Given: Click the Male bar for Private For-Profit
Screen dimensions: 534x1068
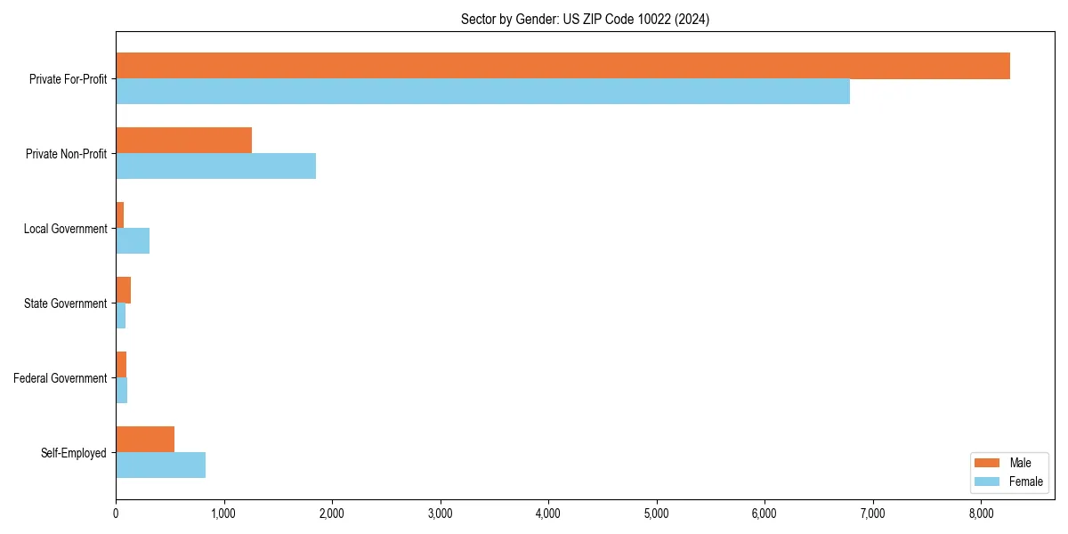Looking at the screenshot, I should tap(562, 66).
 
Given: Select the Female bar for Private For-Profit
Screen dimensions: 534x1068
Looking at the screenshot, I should tap(482, 92).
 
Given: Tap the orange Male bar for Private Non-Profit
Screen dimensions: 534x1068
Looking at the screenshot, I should tap(183, 141).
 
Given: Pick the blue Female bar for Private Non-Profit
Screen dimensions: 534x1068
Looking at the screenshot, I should tap(215, 166).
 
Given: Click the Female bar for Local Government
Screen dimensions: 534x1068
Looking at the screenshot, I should tap(133, 241).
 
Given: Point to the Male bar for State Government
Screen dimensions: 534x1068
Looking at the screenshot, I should tap(123, 290).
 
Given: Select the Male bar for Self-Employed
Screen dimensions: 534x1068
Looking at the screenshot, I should tap(145, 440).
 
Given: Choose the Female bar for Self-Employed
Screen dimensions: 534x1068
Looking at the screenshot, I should tap(160, 465).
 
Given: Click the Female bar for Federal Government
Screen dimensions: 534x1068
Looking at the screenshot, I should tap(121, 391).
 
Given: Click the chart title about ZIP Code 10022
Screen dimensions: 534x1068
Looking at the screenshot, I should tap(585, 20).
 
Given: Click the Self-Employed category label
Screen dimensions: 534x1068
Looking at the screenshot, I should tap(74, 453).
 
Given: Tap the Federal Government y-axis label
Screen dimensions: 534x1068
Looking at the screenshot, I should tap(61, 378).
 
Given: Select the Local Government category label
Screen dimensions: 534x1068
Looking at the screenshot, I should tap(65, 229).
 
